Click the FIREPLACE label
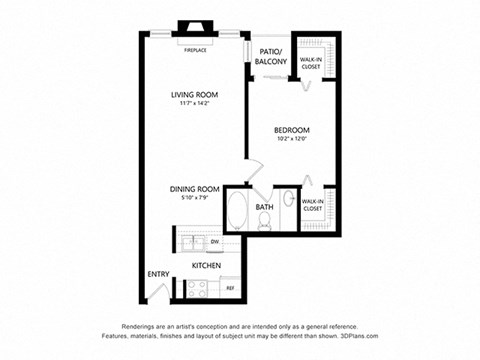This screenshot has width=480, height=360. click(x=195, y=48)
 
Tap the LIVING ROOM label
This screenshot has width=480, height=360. click(x=194, y=95)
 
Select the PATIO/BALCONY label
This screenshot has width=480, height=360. click(x=271, y=57)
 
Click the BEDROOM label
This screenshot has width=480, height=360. click(x=291, y=130)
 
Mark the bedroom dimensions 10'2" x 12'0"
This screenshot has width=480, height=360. click(x=291, y=139)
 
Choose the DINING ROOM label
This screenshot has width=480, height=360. click(x=193, y=188)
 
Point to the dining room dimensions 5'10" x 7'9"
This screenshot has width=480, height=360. click(x=193, y=197)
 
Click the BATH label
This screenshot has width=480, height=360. click(x=264, y=207)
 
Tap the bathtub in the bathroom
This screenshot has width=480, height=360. click(x=238, y=210)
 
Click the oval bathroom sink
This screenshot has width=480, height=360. click(x=289, y=199)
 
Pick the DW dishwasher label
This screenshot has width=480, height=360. click(x=214, y=242)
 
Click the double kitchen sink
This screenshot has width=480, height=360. click(x=193, y=243)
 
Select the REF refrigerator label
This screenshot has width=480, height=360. click(x=229, y=289)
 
